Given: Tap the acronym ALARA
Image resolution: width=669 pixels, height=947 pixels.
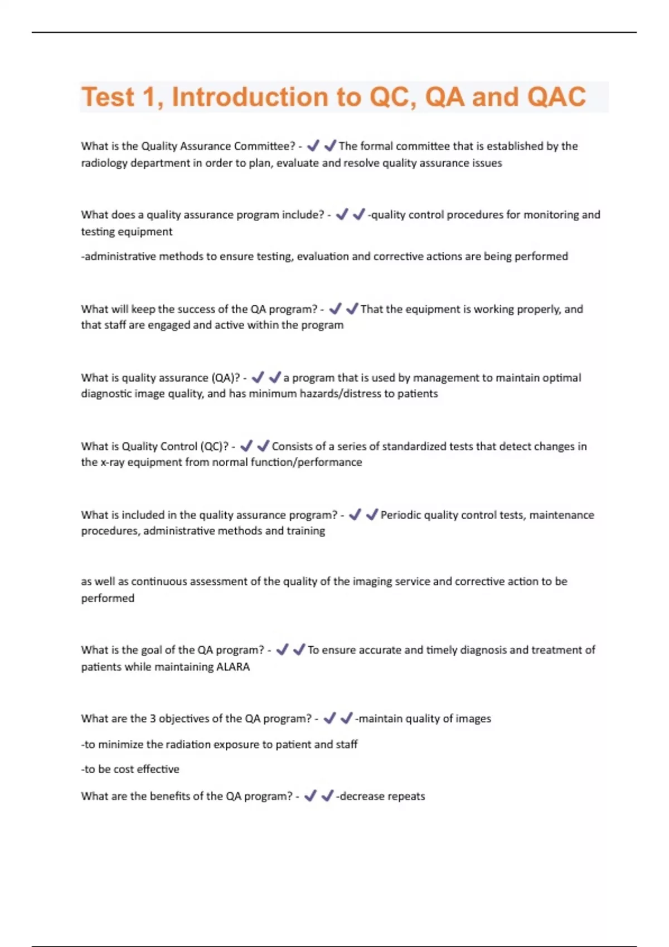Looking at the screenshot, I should (232, 667).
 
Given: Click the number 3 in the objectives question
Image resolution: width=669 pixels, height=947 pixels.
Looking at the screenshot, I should (153, 719).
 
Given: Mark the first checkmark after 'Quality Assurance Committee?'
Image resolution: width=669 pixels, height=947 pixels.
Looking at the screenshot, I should (313, 145).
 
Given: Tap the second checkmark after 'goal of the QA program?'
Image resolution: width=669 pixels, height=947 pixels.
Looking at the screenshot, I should (299, 650).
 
